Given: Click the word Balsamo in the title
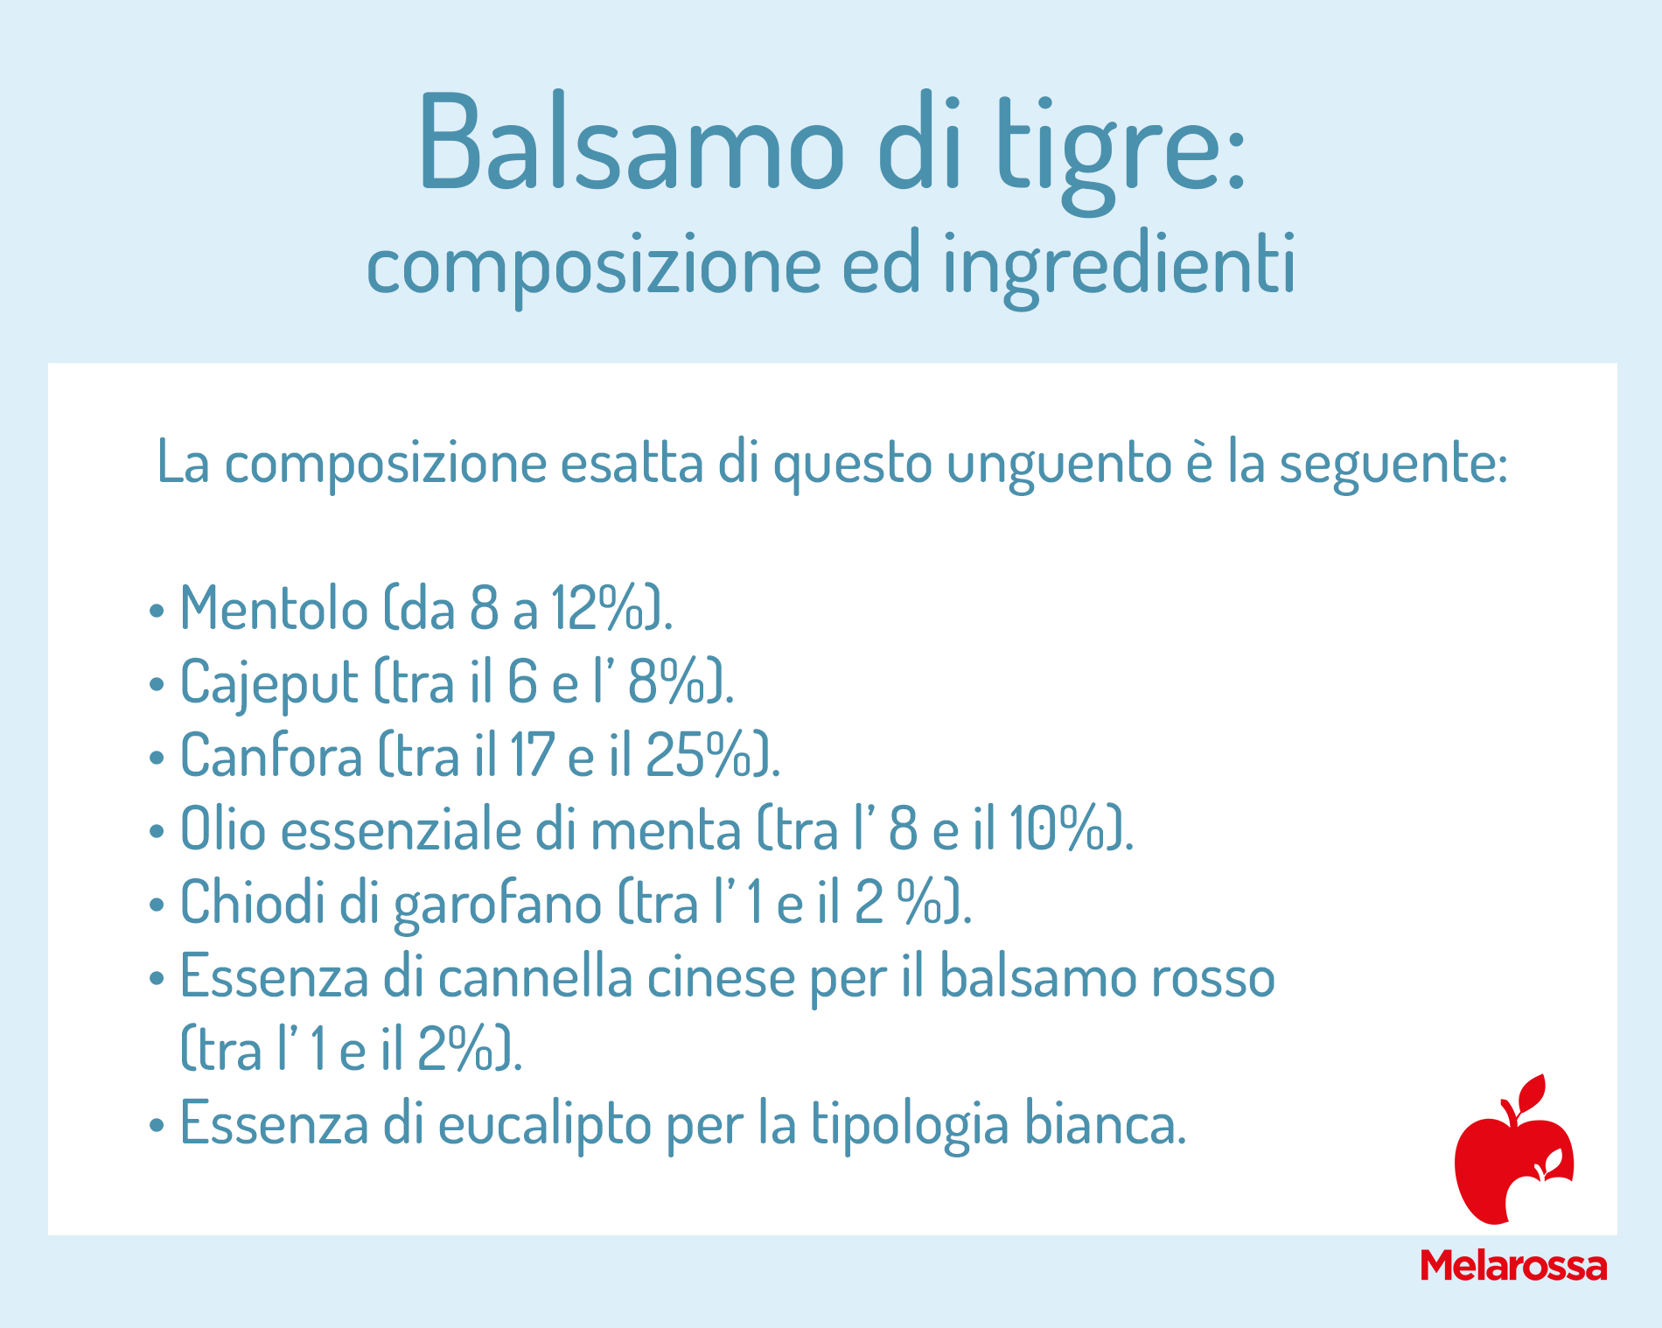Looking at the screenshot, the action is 632,141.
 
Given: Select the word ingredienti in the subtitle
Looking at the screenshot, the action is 1119,267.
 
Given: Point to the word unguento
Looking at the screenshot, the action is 1058,465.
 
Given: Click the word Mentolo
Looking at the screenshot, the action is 274,608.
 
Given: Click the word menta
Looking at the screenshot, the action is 666,829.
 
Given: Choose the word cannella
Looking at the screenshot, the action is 535,976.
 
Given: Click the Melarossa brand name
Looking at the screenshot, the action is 1513,1266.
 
